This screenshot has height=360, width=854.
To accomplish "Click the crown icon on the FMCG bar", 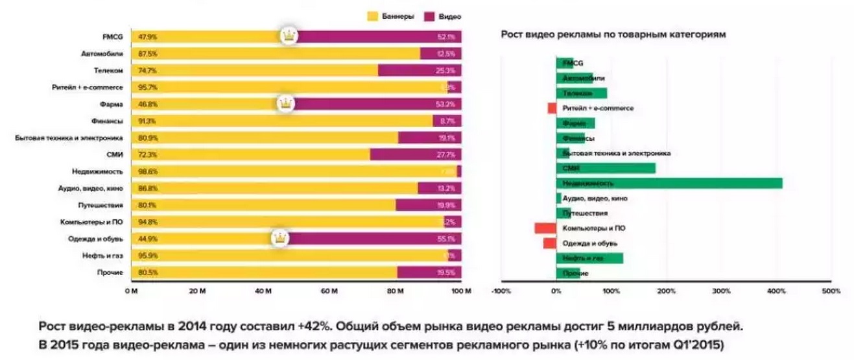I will click(x=289, y=36).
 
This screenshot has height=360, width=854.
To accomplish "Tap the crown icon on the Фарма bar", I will click(x=285, y=104).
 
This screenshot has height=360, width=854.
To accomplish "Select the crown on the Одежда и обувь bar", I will click(x=279, y=238).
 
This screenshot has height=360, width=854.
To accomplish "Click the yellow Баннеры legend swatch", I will click(x=372, y=16).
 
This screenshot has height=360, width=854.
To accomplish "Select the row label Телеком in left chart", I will click(x=109, y=70).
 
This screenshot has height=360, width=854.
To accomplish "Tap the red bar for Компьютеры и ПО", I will click(x=545, y=228).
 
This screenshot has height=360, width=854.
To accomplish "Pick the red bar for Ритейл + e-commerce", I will click(x=552, y=108).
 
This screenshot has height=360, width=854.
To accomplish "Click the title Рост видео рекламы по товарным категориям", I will click(x=613, y=34).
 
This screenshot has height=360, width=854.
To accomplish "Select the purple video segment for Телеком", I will click(x=419, y=70).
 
